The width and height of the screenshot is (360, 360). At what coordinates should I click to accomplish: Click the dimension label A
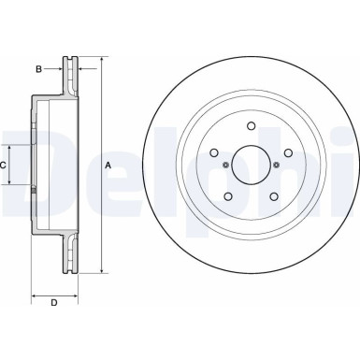pyautogui.click(x=108, y=166)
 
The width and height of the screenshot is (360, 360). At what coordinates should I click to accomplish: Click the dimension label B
pyautogui.click(x=39, y=68)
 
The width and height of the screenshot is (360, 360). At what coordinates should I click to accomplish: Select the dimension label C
pyautogui.click(x=4, y=166)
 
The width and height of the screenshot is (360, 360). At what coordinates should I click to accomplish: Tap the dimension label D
pyautogui.click(x=53, y=302)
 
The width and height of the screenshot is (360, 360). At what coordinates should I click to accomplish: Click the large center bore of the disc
pyautogui.click(x=252, y=166)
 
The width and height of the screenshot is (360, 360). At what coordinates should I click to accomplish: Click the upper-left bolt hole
pyautogui.click(x=213, y=154)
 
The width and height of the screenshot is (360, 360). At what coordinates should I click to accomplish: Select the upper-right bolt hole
pyautogui.click(x=290, y=154)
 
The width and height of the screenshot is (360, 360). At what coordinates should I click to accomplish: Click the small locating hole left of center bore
pyautogui.click(x=225, y=167)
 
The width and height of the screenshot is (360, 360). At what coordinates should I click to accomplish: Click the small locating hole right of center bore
pyautogui.click(x=279, y=167)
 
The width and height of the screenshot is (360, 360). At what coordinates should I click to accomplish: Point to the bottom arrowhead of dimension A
pyautogui.click(x=100, y=271)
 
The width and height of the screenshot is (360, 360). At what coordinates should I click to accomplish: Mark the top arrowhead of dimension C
pyautogui.click(x=13, y=148)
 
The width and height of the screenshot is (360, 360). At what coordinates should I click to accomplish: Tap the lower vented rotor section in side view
pyautogui.click(x=68, y=255)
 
